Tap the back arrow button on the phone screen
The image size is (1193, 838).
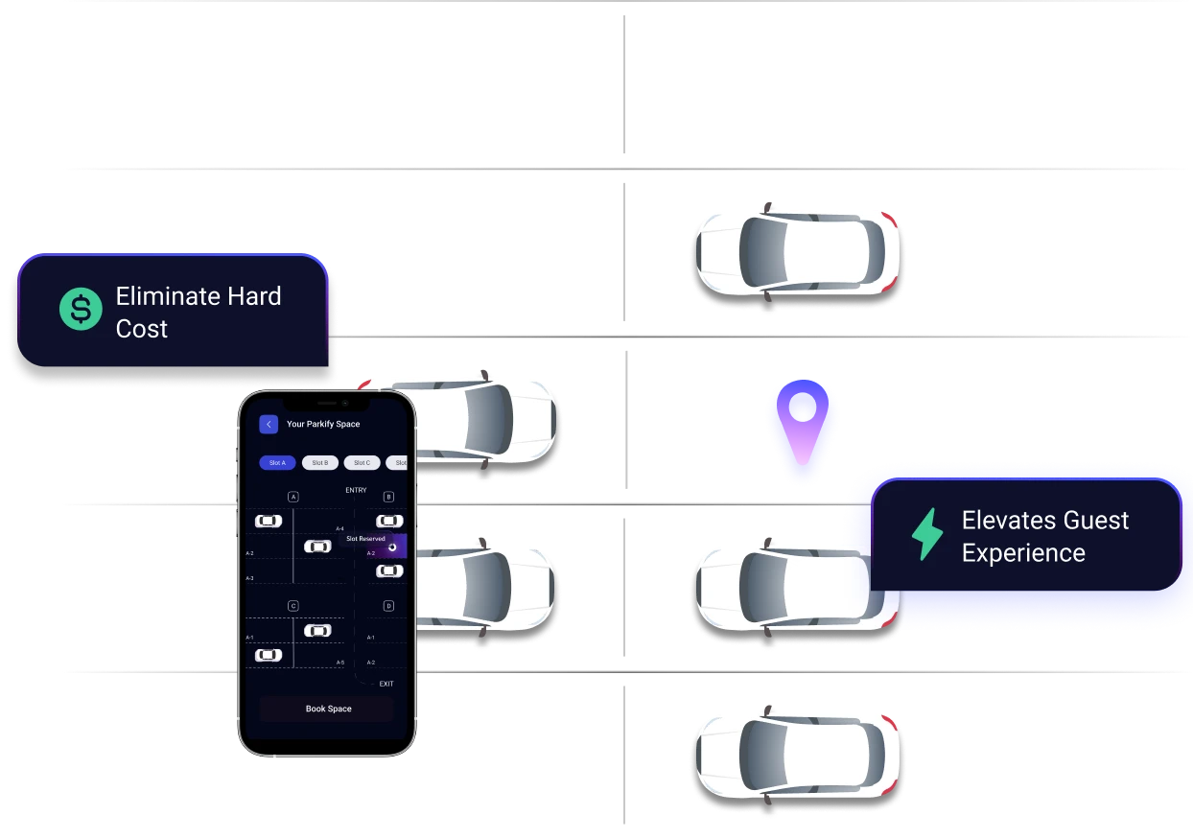point(269,424)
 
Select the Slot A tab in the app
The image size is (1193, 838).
point(277,462)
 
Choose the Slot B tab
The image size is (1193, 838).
point(319,462)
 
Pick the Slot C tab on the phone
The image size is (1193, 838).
point(362,462)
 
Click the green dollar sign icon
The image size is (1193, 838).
point(81,310)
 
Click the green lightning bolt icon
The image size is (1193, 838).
point(926,535)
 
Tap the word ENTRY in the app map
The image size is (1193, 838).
point(356,490)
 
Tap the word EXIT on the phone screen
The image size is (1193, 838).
point(386,684)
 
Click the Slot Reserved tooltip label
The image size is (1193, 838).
point(365,539)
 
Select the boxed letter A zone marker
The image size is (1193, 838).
point(293,496)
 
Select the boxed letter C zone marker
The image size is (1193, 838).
point(293,606)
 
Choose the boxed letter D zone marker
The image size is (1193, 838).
point(388,606)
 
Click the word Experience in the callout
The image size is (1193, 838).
point(1023,553)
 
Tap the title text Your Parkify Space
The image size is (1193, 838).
point(323,424)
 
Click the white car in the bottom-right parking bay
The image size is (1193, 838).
point(796,754)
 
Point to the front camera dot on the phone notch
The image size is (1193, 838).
point(346,404)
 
